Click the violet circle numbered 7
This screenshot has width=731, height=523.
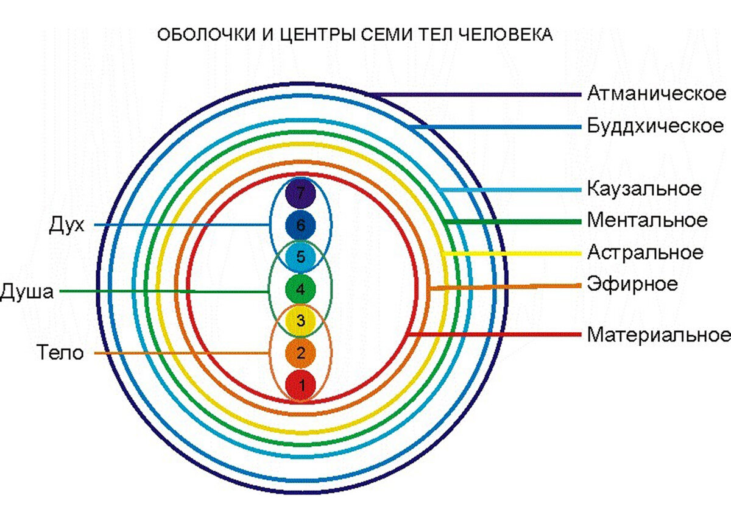point(300,194)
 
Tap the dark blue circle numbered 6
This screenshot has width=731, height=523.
point(300,226)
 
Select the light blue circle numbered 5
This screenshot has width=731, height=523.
point(300,257)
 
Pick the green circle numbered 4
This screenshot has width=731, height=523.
point(300,290)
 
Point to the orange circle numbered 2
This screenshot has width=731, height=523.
point(300,353)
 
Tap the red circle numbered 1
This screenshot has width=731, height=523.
point(300,385)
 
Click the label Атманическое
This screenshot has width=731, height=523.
point(657,94)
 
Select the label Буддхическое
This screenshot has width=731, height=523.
point(655,127)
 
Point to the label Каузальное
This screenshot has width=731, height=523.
point(644,189)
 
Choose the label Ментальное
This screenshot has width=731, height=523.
point(648,220)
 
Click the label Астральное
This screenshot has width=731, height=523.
point(645,252)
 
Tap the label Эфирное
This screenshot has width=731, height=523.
point(632,284)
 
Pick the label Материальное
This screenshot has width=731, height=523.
point(659,335)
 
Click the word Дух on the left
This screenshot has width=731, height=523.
point(66,226)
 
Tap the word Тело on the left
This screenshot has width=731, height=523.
point(60,353)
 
